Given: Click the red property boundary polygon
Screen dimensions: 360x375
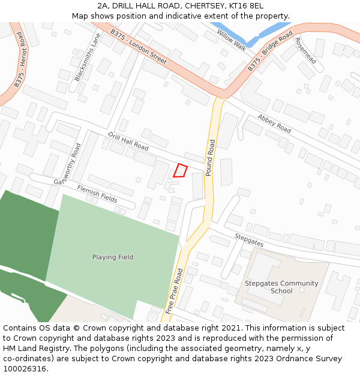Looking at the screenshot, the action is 181,170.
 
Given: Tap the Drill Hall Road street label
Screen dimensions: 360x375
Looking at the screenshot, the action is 128,141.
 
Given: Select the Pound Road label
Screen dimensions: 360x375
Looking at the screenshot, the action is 211,158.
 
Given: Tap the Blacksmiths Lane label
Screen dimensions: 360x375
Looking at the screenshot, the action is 88,57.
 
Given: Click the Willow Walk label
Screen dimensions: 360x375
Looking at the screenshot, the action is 232,39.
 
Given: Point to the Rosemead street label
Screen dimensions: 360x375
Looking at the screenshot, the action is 305,50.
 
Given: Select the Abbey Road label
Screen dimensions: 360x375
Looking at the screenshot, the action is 274,123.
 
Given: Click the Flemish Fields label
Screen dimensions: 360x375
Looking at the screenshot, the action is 97,193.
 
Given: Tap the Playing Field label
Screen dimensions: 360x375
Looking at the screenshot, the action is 113,257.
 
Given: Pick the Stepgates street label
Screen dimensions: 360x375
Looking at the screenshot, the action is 249,240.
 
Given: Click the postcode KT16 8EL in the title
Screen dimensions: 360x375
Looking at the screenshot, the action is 248,6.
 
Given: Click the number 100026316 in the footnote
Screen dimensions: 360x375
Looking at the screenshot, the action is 25,368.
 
